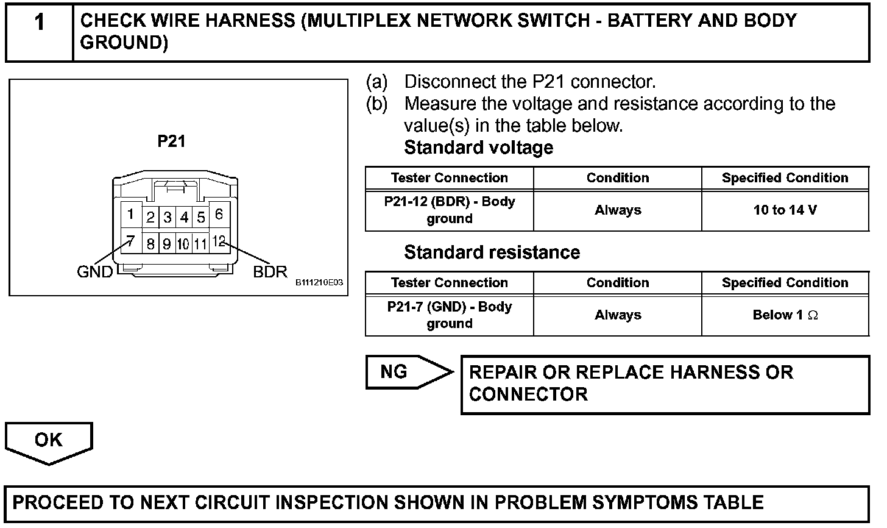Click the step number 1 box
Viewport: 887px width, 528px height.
[40, 32]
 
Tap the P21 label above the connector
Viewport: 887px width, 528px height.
[171, 141]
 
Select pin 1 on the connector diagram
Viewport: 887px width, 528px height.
[130, 214]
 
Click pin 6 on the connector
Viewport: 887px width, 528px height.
[219, 214]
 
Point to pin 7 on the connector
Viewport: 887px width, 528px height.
[130, 241]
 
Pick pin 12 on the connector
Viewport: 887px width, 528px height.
[219, 241]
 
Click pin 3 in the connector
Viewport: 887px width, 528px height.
[168, 218]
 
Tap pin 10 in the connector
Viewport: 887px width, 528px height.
[183, 244]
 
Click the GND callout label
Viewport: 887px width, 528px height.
[94, 272]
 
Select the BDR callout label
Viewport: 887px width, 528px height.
[270, 272]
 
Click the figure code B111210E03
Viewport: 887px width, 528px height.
[320, 283]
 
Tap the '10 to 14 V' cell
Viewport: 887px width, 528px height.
[785, 210]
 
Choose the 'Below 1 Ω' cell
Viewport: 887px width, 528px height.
[785, 315]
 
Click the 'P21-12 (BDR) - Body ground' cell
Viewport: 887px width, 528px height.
[450, 210]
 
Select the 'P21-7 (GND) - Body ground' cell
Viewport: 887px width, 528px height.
[450, 315]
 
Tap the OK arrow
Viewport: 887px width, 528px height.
[49, 441]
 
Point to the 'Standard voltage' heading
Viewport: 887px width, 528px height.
[479, 148]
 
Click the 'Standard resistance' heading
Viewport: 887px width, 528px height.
[492, 252]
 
